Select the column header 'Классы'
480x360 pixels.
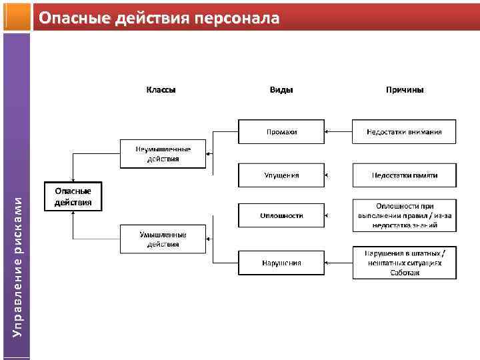(161, 89)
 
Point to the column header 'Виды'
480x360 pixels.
(281, 89)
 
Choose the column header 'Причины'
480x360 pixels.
(405, 89)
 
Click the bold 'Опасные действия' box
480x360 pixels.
(73, 197)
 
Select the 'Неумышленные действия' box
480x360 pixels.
(163, 154)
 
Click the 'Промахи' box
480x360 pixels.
(281, 132)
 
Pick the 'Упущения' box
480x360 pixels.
(281, 175)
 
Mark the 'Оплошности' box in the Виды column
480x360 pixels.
(281, 215)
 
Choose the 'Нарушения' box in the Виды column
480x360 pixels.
(281, 263)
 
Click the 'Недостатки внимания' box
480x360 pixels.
(405, 132)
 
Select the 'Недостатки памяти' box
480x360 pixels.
(405, 175)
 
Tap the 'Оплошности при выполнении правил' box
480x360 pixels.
(405, 215)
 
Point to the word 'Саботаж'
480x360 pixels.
(405, 272)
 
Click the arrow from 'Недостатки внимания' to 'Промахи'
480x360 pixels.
(339, 132)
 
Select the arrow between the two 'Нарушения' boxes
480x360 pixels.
(339, 263)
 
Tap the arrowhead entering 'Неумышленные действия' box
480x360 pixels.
(209, 154)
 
